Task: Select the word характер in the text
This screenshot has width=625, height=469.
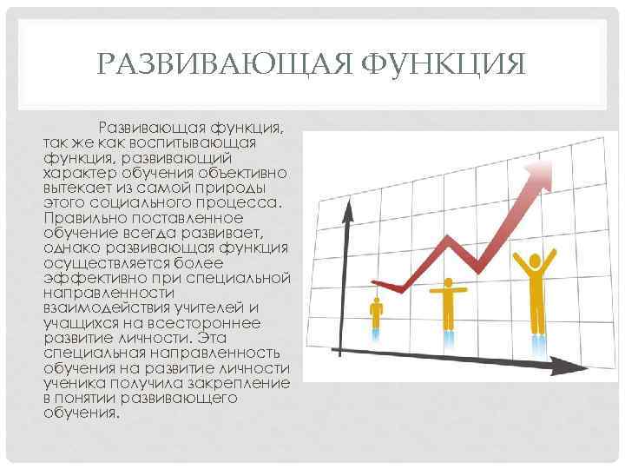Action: click(79, 174)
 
